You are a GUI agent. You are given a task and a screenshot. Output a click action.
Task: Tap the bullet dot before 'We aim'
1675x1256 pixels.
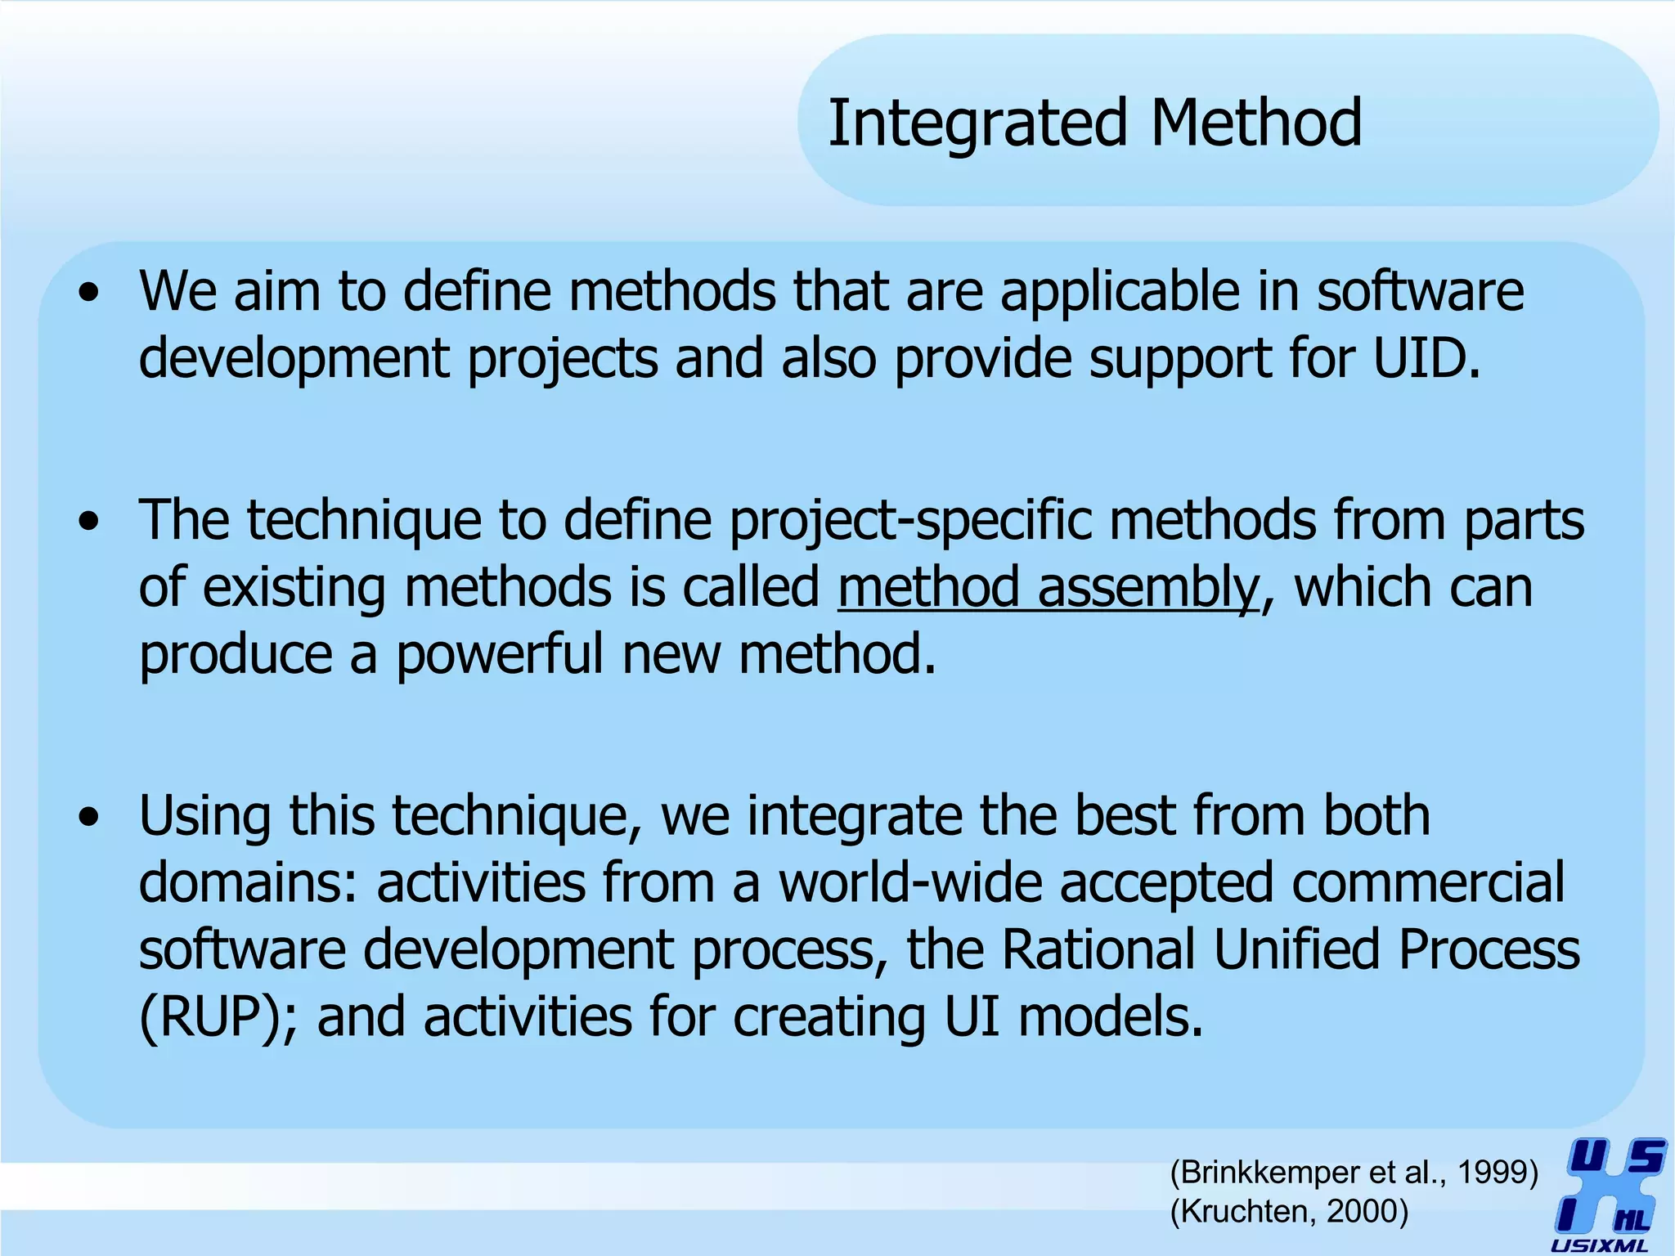click(89, 293)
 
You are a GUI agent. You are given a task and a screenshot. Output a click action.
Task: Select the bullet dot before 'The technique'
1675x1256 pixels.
click(89, 522)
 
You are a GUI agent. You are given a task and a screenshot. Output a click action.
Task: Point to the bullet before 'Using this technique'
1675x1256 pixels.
click(89, 817)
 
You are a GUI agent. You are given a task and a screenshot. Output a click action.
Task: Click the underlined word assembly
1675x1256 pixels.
click(1148, 588)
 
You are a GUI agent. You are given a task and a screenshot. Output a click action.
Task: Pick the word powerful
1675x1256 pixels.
click(500, 654)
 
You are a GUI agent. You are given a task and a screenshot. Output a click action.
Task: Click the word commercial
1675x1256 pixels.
click(1427, 883)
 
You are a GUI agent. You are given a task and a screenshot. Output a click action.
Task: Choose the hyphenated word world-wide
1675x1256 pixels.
click(909, 883)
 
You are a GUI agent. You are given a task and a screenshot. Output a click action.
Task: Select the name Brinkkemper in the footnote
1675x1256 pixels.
click(1266, 1173)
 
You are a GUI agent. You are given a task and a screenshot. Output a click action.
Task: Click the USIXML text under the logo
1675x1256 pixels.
click(1599, 1246)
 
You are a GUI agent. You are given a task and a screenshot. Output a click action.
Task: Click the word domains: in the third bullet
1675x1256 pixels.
click(248, 883)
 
